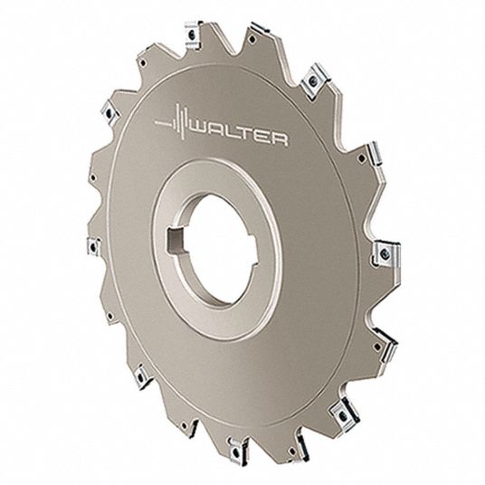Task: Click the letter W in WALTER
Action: click(203, 129)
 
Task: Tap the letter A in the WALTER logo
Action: click(221, 132)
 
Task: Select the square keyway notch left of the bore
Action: click(174, 241)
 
